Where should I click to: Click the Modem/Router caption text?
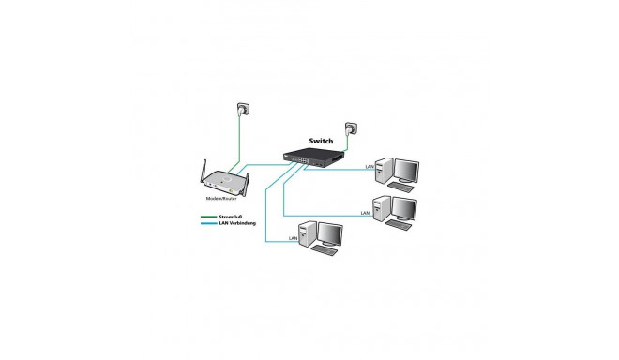pos(223,200)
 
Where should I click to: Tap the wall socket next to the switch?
pos(353,127)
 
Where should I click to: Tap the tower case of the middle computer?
pos(382,207)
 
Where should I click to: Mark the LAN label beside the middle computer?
pos(365,214)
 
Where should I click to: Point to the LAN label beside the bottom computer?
pos(294,240)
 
